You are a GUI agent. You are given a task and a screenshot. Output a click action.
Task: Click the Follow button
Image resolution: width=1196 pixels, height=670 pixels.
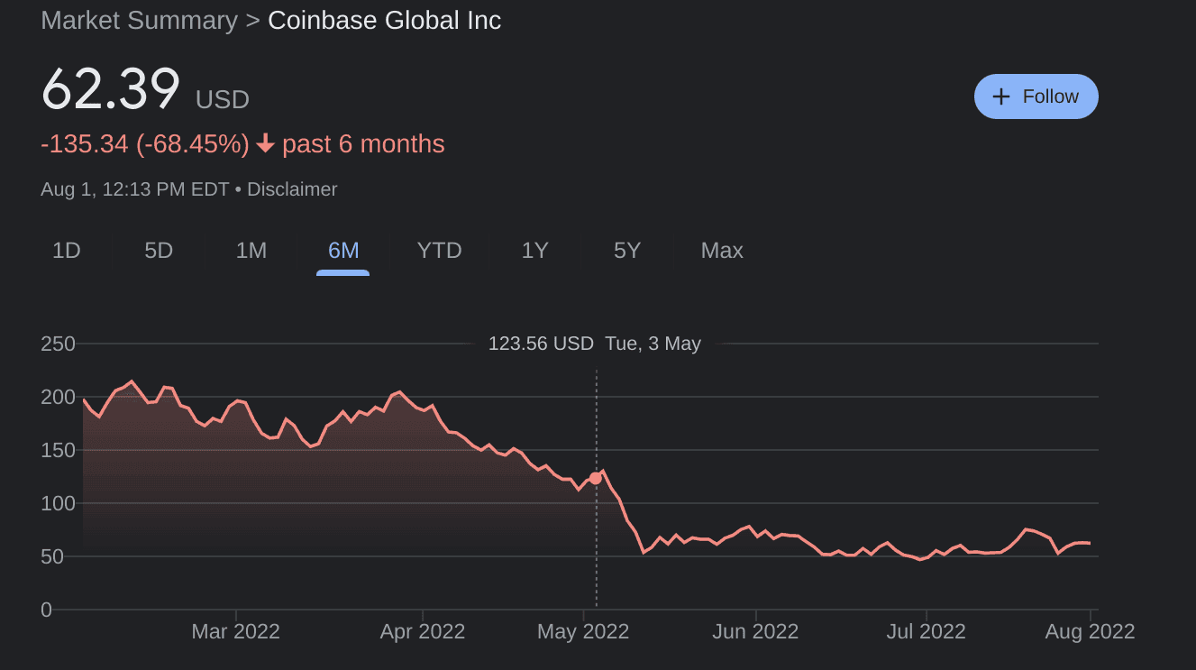tap(1036, 96)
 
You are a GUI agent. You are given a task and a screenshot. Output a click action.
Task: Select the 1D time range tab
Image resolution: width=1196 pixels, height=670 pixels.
tap(67, 251)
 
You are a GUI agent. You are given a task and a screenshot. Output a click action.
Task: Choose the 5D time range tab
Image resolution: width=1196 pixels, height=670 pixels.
tap(159, 251)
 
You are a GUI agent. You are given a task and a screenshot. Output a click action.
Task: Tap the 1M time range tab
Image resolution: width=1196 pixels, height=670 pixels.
tap(251, 251)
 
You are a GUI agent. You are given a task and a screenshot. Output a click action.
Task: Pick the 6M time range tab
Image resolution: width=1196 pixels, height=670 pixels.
tap(343, 251)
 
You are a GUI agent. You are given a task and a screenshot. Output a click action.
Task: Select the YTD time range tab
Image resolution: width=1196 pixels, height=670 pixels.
tap(440, 251)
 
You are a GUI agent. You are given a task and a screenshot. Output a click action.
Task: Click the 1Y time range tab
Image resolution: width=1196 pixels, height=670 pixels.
tap(535, 251)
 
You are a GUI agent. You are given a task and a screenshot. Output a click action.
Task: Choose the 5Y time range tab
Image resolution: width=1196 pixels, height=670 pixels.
tap(627, 251)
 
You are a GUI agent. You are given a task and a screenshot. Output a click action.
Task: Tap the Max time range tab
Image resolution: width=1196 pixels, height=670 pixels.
tap(722, 251)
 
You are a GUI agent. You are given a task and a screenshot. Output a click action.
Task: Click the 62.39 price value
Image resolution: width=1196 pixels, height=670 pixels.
tap(111, 91)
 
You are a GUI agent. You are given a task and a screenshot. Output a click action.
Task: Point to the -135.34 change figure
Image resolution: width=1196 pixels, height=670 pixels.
tap(85, 144)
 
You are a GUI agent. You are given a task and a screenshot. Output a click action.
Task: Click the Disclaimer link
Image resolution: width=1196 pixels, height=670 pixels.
tap(292, 189)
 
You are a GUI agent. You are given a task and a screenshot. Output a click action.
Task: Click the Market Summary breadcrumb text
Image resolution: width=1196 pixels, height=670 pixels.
tap(140, 21)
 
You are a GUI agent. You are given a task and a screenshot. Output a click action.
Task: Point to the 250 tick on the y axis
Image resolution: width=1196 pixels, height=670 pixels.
tap(58, 344)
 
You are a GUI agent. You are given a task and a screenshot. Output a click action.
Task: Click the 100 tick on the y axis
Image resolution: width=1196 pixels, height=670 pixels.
tap(58, 503)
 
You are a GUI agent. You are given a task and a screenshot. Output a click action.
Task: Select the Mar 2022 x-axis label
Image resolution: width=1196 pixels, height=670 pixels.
tap(235, 631)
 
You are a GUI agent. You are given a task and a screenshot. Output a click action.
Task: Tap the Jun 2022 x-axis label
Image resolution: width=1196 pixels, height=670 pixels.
tap(754, 631)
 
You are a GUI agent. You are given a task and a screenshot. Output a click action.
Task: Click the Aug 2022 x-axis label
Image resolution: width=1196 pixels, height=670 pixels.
tap(1091, 631)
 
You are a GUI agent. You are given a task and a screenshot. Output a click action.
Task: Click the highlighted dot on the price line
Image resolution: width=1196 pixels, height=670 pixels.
tap(595, 478)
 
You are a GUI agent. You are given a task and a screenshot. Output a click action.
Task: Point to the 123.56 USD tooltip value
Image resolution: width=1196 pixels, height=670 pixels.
tap(541, 344)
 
